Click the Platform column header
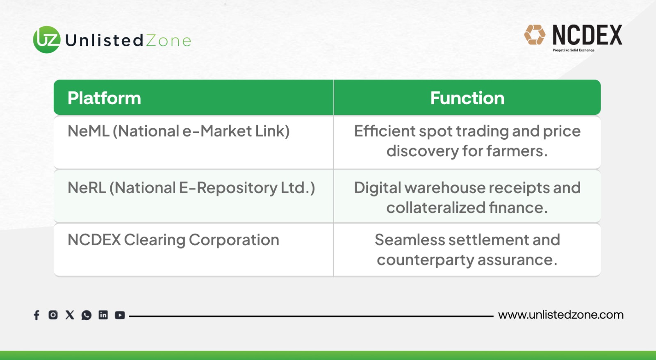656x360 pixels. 104,98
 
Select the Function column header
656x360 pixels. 467,98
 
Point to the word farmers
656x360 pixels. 517,151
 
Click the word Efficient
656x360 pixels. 385,131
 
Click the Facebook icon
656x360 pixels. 36,315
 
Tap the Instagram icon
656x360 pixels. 53,315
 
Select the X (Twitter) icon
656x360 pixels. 70,315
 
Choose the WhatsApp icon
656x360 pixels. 87,315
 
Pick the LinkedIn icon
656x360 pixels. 103,315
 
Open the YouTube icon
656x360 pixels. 120,315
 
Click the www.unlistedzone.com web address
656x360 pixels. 561,315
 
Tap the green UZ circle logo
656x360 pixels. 47,39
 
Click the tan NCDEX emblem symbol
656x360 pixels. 535,34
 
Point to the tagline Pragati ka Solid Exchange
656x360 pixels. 574,50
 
